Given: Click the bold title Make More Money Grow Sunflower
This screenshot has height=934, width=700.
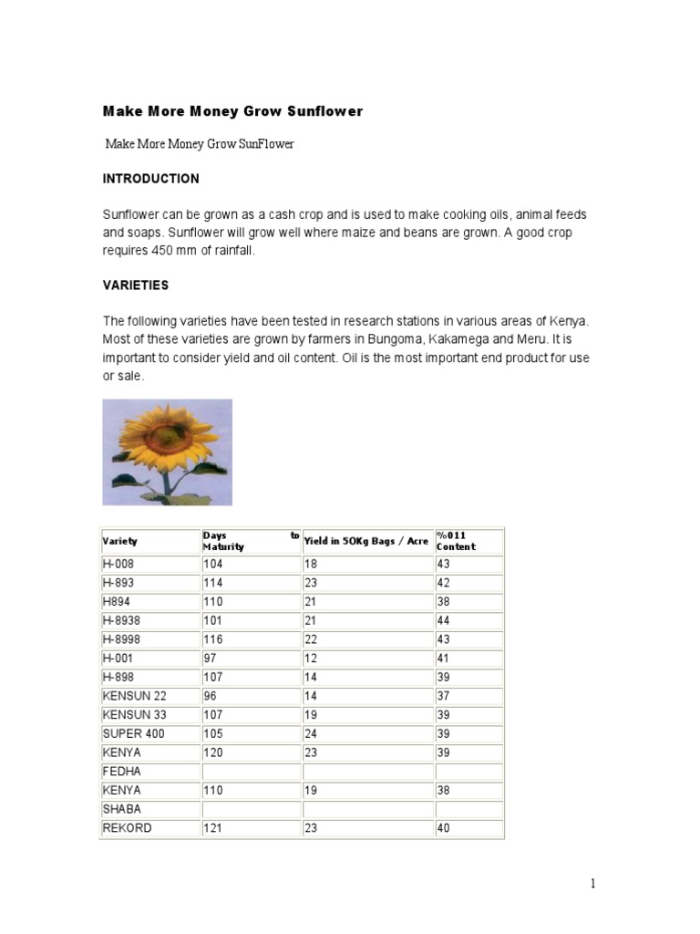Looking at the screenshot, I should tap(232, 111).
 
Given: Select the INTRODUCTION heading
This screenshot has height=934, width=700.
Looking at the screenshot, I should tap(150, 179).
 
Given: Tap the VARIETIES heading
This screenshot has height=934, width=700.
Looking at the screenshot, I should tap(136, 285).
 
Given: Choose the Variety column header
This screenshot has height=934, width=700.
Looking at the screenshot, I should tap(119, 542).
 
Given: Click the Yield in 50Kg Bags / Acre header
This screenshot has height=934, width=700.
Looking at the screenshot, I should tap(365, 541).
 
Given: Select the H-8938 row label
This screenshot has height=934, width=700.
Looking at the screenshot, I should tap(123, 620).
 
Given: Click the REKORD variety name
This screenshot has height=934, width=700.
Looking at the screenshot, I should tap(128, 828).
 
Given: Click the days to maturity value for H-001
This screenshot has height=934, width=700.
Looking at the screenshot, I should tap(212, 659).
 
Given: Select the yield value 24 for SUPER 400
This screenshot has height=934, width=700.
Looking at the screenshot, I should tap(312, 734).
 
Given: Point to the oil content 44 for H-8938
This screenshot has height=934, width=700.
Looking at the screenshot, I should tap(445, 620).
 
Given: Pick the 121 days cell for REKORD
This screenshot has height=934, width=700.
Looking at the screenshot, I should tap(215, 828).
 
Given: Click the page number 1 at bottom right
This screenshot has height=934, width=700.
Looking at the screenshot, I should tap(593, 883).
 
